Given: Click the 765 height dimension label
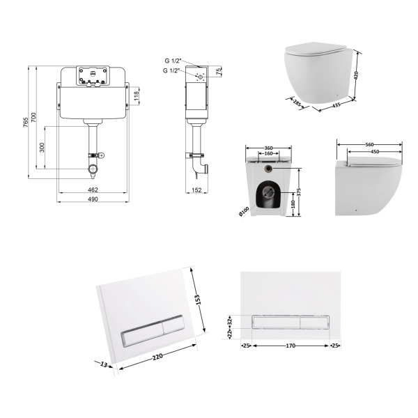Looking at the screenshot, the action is [x=25, y=123].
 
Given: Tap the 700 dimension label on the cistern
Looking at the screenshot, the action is [x=33, y=118].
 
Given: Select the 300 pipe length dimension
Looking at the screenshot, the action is [x=42, y=148].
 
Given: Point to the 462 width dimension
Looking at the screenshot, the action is [x=93, y=189].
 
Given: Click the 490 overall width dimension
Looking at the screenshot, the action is [x=93, y=199].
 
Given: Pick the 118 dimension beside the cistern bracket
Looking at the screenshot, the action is [x=137, y=96].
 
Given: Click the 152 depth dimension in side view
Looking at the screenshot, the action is [x=196, y=190].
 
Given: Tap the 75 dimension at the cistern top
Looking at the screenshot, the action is [x=219, y=72].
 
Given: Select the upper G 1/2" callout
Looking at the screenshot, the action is [x=173, y=61].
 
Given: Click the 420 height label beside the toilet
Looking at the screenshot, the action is [x=356, y=75].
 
